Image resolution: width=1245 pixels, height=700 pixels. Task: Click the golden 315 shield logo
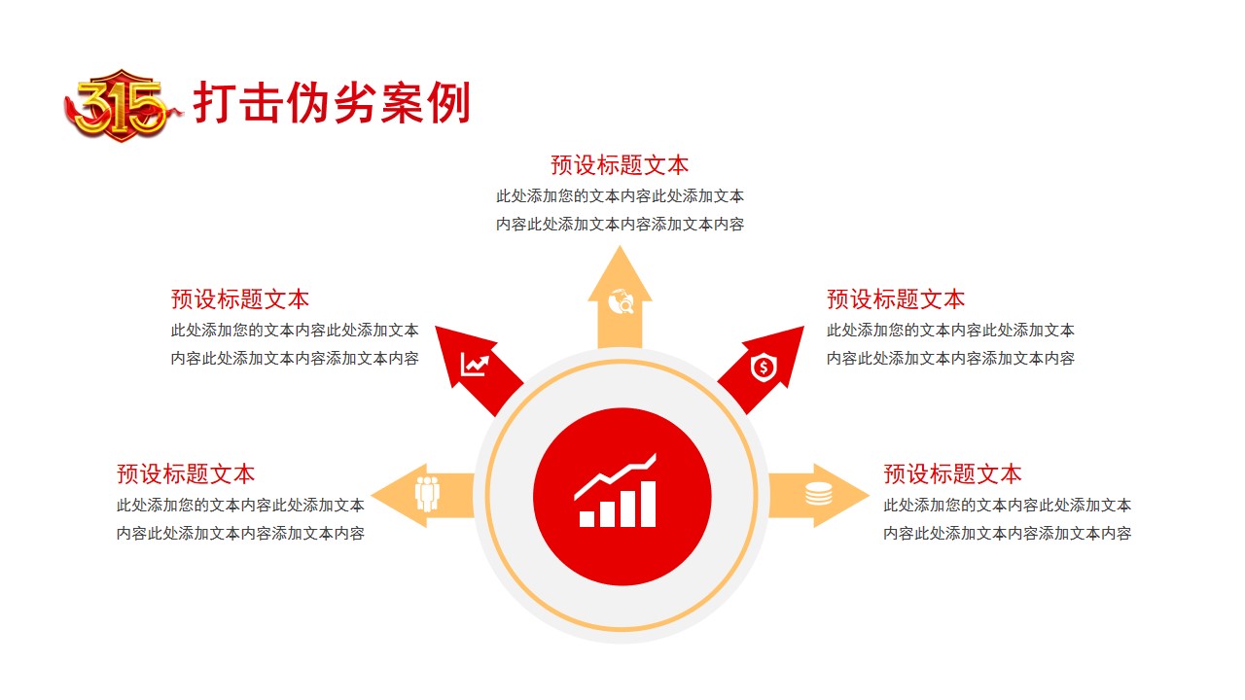(122, 106)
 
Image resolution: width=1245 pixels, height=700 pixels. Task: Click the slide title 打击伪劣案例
(332, 102)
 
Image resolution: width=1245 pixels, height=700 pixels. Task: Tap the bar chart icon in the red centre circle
(617, 491)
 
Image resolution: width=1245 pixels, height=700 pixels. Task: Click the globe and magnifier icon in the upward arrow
(621, 301)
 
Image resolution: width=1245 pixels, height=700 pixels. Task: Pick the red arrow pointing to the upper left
(477, 368)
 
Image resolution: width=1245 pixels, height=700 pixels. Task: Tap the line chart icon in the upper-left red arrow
(475, 365)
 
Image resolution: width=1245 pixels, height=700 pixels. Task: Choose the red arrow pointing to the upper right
(762, 368)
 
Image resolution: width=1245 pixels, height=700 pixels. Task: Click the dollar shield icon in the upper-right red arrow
(764, 367)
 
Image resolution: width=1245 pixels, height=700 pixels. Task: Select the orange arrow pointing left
(422, 496)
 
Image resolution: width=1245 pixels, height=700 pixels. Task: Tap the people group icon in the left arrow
(427, 494)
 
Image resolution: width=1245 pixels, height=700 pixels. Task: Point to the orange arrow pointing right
(819, 496)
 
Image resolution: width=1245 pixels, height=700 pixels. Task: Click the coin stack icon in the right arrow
(819, 493)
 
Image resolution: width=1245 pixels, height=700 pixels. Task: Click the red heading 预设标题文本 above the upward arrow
(620, 165)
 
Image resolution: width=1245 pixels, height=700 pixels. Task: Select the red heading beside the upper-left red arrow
(240, 298)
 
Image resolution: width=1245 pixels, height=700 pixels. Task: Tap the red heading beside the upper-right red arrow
(896, 298)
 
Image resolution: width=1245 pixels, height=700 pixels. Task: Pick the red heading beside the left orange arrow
(186, 473)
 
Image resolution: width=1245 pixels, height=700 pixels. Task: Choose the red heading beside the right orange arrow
(952, 473)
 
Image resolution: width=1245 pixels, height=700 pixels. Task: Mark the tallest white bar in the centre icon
(649, 504)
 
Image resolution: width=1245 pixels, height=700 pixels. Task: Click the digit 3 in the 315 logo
(94, 107)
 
